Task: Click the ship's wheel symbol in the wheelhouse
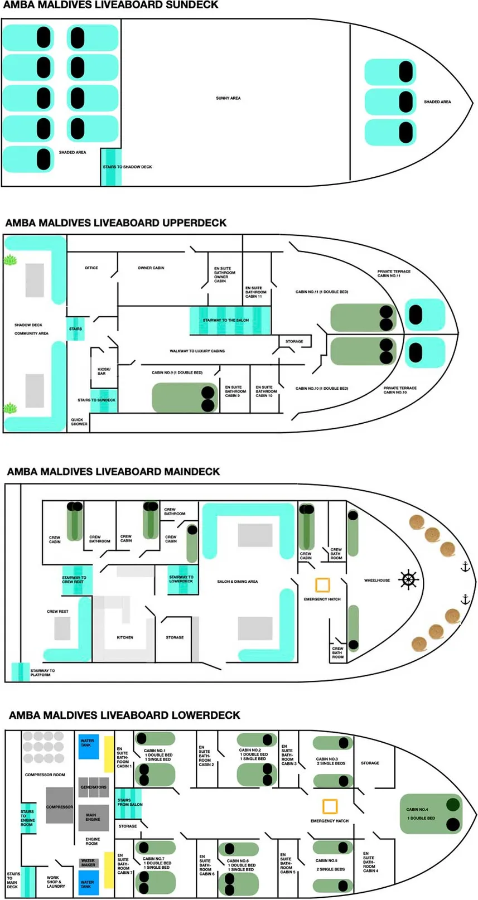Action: tap(408, 579)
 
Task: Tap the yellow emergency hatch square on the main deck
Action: tap(322, 585)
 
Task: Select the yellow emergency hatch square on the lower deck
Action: tap(330, 806)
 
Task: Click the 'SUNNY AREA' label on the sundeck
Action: tap(228, 98)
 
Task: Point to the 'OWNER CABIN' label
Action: tap(151, 268)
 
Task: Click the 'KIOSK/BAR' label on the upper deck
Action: tap(104, 371)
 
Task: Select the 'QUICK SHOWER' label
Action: tap(79, 422)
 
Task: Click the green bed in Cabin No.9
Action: tap(185, 398)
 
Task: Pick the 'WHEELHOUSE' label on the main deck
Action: tap(376, 580)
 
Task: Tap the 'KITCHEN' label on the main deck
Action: tap(125, 637)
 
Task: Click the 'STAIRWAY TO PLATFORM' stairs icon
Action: tap(21, 672)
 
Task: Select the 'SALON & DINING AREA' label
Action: tap(237, 582)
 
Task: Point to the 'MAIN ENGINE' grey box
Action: tap(93, 817)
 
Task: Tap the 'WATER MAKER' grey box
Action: tap(88, 863)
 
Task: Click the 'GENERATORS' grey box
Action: tap(93, 787)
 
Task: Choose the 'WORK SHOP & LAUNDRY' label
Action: tap(56, 882)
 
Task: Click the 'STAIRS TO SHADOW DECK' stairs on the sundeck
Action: tap(111, 167)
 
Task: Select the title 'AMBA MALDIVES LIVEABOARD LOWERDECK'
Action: tap(124, 715)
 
